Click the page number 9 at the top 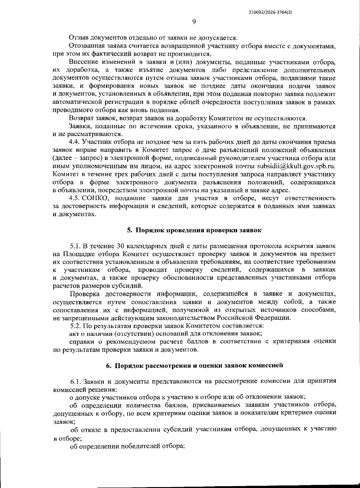tap(194, 22)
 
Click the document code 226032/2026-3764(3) tap(270, 12)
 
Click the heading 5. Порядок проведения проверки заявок tap(194, 230)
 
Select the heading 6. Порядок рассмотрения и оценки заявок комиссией tap(194, 365)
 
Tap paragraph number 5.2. tap(75, 325)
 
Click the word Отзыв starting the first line tap(78, 38)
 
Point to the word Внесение tap(83, 62)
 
